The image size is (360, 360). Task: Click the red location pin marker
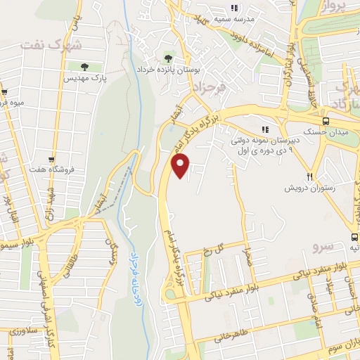click(181, 166)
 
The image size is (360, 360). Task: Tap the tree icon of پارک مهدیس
click(84, 67)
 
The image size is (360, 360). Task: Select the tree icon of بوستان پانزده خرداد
click(167, 57)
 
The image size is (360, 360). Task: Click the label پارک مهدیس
click(84, 79)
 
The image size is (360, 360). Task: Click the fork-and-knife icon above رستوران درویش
click(309, 176)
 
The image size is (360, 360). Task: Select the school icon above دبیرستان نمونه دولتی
click(265, 129)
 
